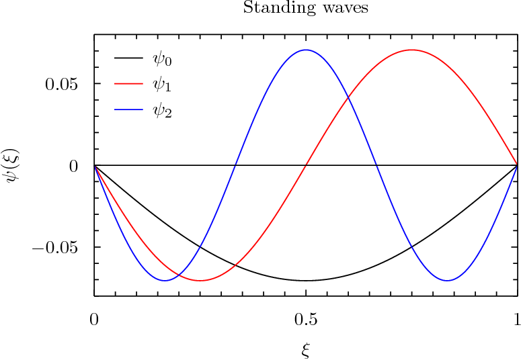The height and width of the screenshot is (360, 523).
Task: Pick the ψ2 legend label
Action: tap(163, 111)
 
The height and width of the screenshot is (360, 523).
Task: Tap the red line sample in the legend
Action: tap(128, 84)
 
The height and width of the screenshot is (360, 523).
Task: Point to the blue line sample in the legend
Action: tap(128, 109)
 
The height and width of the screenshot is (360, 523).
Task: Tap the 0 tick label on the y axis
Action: tap(74, 166)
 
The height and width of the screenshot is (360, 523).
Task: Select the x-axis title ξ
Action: tap(306, 349)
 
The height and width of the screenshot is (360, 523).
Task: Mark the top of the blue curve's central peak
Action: tap(306, 50)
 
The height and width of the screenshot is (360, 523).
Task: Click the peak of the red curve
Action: tap(411, 50)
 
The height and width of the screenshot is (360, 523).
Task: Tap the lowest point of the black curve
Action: tap(306, 281)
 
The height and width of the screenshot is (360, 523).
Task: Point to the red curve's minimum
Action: tap(200, 281)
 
